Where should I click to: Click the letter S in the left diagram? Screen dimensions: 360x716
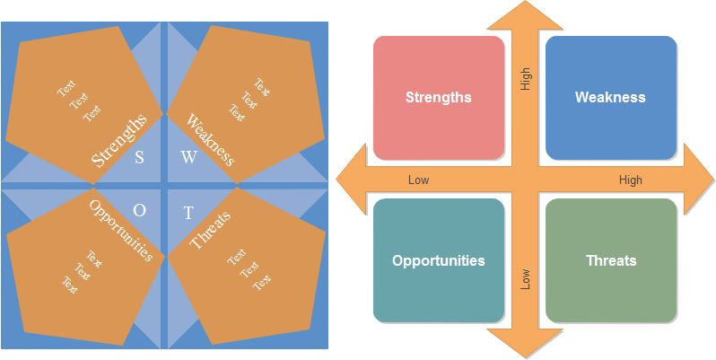coord(139,158)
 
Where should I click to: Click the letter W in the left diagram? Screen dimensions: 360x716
coord(188,158)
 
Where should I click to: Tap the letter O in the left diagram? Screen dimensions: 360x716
coord(139,210)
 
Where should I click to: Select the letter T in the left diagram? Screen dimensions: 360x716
coord(188,213)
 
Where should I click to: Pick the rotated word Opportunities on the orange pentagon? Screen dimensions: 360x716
coord(120,230)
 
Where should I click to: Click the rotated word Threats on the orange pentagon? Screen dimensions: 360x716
coord(211,230)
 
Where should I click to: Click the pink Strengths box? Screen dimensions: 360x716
coord(438,97)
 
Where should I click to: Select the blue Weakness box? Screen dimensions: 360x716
coord(610,97)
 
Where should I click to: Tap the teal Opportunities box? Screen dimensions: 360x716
coord(438,260)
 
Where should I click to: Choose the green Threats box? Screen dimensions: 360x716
coord(610,260)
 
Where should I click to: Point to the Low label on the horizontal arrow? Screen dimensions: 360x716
coord(418,180)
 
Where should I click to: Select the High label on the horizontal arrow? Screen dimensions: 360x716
coord(631,180)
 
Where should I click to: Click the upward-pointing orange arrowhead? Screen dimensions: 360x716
coord(525,18)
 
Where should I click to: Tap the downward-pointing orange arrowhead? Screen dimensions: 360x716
coord(525,342)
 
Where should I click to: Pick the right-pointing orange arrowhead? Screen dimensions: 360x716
coord(696,180)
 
